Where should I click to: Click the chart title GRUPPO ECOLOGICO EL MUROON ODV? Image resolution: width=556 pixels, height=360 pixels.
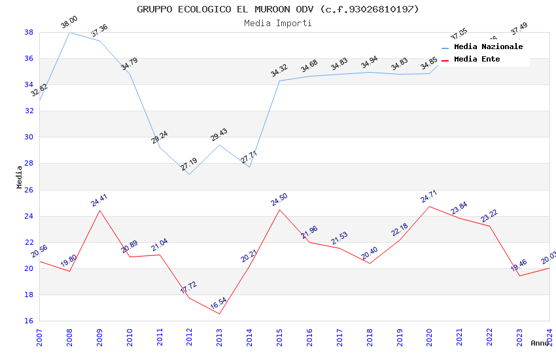(278, 9)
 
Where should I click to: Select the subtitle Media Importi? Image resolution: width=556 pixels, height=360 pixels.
(278, 23)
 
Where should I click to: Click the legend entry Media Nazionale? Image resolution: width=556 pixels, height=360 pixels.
(488, 46)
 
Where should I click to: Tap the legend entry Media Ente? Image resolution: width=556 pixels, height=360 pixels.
(477, 59)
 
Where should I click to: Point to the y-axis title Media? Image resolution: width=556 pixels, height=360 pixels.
(20, 177)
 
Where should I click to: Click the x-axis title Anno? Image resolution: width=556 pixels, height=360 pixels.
(540, 343)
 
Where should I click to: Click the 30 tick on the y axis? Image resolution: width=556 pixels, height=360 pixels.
(29, 137)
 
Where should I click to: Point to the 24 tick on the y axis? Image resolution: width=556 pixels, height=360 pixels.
(29, 216)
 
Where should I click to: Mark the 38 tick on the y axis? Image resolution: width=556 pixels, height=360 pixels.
(29, 32)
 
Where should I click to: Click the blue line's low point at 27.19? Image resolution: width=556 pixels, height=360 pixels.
(189, 174)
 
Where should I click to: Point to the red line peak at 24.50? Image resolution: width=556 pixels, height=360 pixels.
(279, 209)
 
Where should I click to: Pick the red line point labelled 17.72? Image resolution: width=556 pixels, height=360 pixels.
(189, 298)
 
